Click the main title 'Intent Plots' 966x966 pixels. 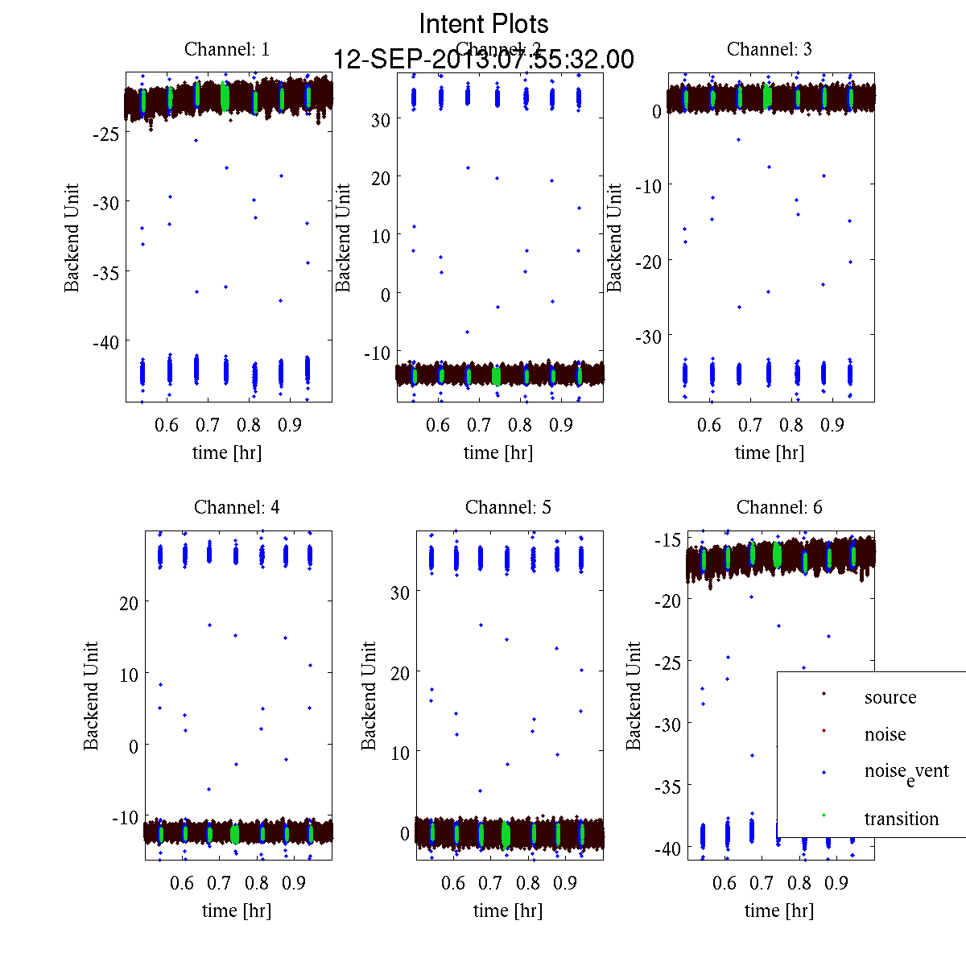point(484,23)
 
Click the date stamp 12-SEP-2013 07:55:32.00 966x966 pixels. point(484,60)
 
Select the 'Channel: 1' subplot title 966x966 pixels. point(227,49)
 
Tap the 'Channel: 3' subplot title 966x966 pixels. point(769,49)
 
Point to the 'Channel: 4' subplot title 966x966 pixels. point(237,507)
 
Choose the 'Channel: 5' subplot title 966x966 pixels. point(508,507)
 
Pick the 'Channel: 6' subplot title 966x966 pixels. point(779,507)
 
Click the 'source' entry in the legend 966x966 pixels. point(890,697)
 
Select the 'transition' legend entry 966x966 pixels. point(901,819)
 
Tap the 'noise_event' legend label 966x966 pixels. point(906,772)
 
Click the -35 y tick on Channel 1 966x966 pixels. point(105,273)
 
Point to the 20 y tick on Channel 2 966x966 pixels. point(380,178)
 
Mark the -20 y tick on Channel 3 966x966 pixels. point(648,262)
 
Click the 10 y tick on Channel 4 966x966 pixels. point(129,675)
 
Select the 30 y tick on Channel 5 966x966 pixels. point(400,592)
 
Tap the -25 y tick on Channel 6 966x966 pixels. point(668,663)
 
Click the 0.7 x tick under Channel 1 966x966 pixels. point(208,424)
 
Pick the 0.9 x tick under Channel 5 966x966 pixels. point(565,883)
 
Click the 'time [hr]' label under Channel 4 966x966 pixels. point(237,910)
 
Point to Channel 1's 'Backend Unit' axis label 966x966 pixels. point(72,237)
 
